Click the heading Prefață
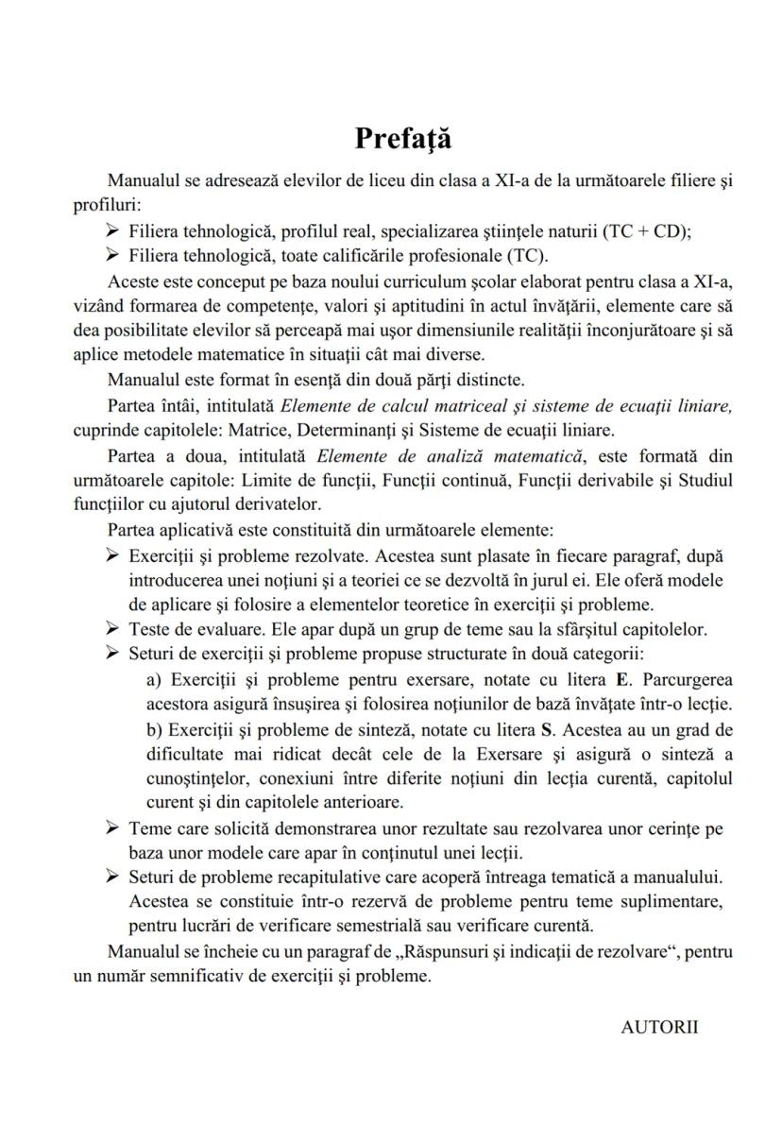[x=403, y=139]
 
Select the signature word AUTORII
[x=659, y=1028]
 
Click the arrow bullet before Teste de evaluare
[x=113, y=628]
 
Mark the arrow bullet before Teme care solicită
[x=113, y=828]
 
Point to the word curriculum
[x=445, y=282]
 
